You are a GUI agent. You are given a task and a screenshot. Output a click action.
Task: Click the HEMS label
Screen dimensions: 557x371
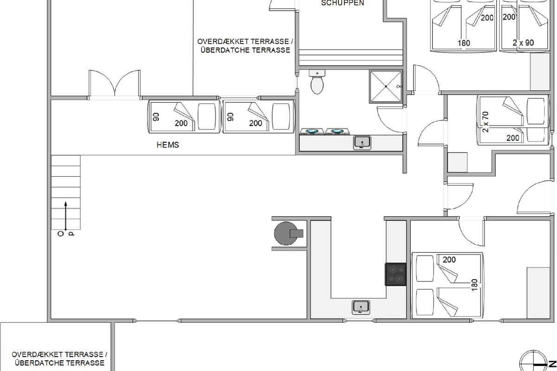point(168,145)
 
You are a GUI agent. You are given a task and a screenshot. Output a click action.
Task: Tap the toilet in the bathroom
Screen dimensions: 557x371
point(317,82)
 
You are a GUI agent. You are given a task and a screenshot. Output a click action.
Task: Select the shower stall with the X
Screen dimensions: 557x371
point(386,86)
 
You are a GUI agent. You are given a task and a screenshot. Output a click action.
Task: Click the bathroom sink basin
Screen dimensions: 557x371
point(362,143)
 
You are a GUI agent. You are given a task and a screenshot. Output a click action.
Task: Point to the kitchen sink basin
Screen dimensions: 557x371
point(361,307)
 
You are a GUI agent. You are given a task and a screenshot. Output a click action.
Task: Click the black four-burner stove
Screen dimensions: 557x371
point(395,275)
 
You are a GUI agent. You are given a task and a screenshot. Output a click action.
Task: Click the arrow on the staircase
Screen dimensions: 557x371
point(65,216)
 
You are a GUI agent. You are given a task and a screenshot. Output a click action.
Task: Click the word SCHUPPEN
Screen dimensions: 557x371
point(343,3)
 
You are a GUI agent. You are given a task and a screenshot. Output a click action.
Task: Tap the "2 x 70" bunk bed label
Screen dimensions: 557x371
point(485,122)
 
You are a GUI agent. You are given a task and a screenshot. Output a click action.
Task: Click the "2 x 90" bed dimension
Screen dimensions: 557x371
point(523,43)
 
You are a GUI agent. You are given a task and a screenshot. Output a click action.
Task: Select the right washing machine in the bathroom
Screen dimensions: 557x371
point(337,131)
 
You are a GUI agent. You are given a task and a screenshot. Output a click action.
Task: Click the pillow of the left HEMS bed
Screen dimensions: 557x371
point(207,116)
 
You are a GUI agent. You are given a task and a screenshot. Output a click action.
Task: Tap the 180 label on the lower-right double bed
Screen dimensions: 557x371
point(474,285)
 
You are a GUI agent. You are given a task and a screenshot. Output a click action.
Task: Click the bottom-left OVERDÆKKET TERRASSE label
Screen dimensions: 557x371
point(59,354)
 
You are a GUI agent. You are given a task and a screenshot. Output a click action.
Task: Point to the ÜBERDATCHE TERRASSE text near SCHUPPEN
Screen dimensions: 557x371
point(245,50)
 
